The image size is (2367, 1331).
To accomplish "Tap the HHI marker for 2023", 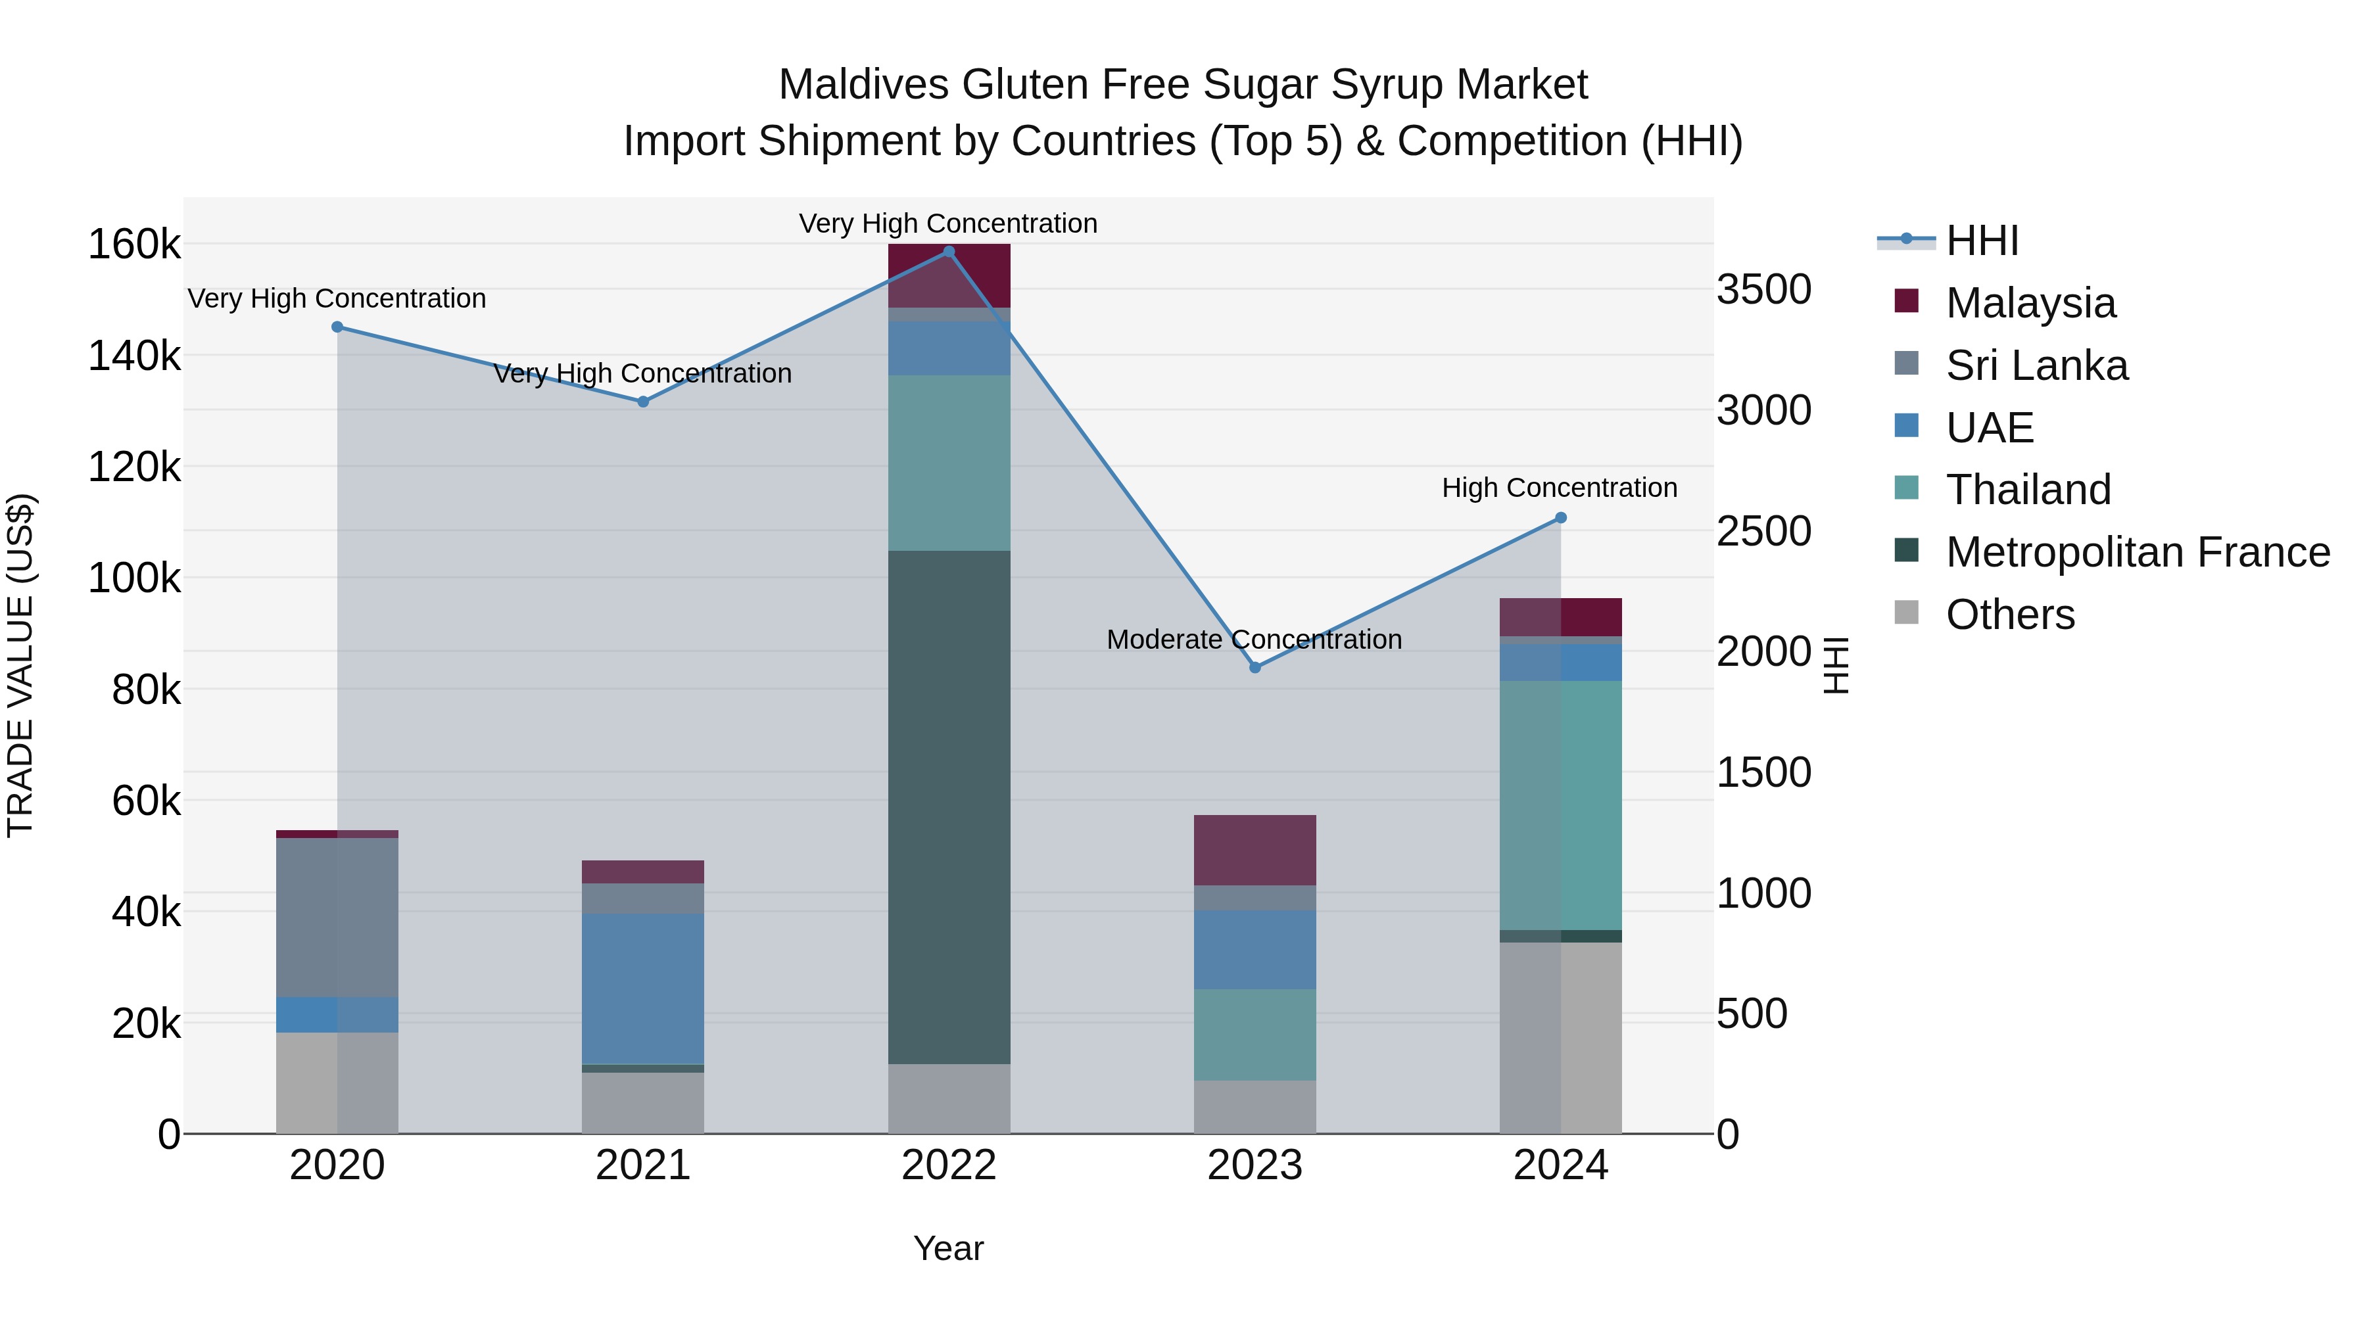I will click(1255, 668).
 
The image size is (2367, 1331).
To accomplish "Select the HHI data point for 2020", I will click(337, 327).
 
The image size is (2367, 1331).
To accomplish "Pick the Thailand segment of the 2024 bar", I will click(1560, 806).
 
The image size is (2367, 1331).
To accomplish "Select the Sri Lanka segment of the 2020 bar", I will click(337, 917).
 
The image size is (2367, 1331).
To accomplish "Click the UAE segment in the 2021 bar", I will click(643, 989).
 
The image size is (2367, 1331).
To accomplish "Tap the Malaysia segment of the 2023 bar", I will click(1255, 850).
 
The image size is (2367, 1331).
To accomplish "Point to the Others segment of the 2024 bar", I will click(1560, 1038).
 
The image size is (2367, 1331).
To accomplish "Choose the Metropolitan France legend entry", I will click(2138, 552).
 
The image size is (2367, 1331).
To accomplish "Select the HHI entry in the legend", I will click(1982, 241).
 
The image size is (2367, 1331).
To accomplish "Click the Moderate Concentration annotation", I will click(1255, 640).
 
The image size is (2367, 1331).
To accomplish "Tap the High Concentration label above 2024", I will click(1560, 488).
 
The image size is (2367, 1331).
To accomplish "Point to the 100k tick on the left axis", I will click(134, 578).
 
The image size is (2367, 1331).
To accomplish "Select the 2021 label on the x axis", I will click(643, 1165).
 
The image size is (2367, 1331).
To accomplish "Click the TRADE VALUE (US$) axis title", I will click(20, 665).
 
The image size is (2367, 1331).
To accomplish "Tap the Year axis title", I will click(948, 1248).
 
